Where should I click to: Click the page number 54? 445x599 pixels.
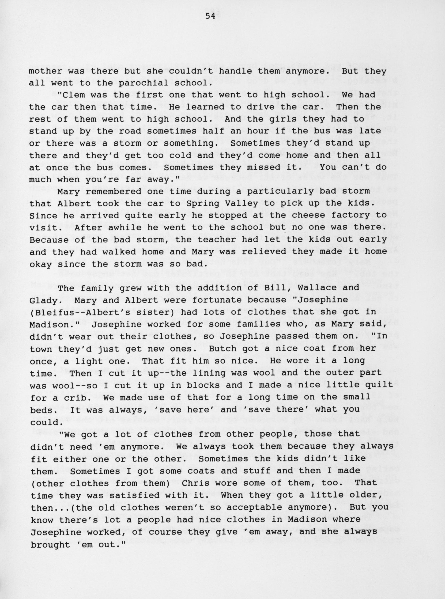[210, 16]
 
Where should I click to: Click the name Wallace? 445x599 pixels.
[318, 288]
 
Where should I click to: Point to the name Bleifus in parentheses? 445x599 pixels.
[53, 312]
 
